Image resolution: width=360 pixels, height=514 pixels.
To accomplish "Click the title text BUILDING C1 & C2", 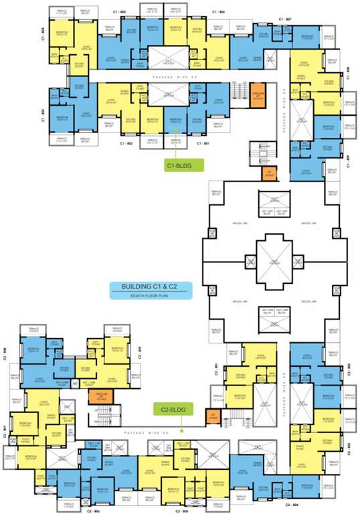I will [150, 286].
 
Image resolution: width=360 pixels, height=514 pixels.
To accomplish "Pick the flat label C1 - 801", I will [203, 143].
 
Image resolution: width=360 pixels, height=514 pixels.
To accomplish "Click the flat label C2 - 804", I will [292, 503].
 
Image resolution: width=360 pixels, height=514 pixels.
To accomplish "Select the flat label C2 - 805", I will [181, 510].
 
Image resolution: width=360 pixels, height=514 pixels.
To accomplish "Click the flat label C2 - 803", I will [350, 444].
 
